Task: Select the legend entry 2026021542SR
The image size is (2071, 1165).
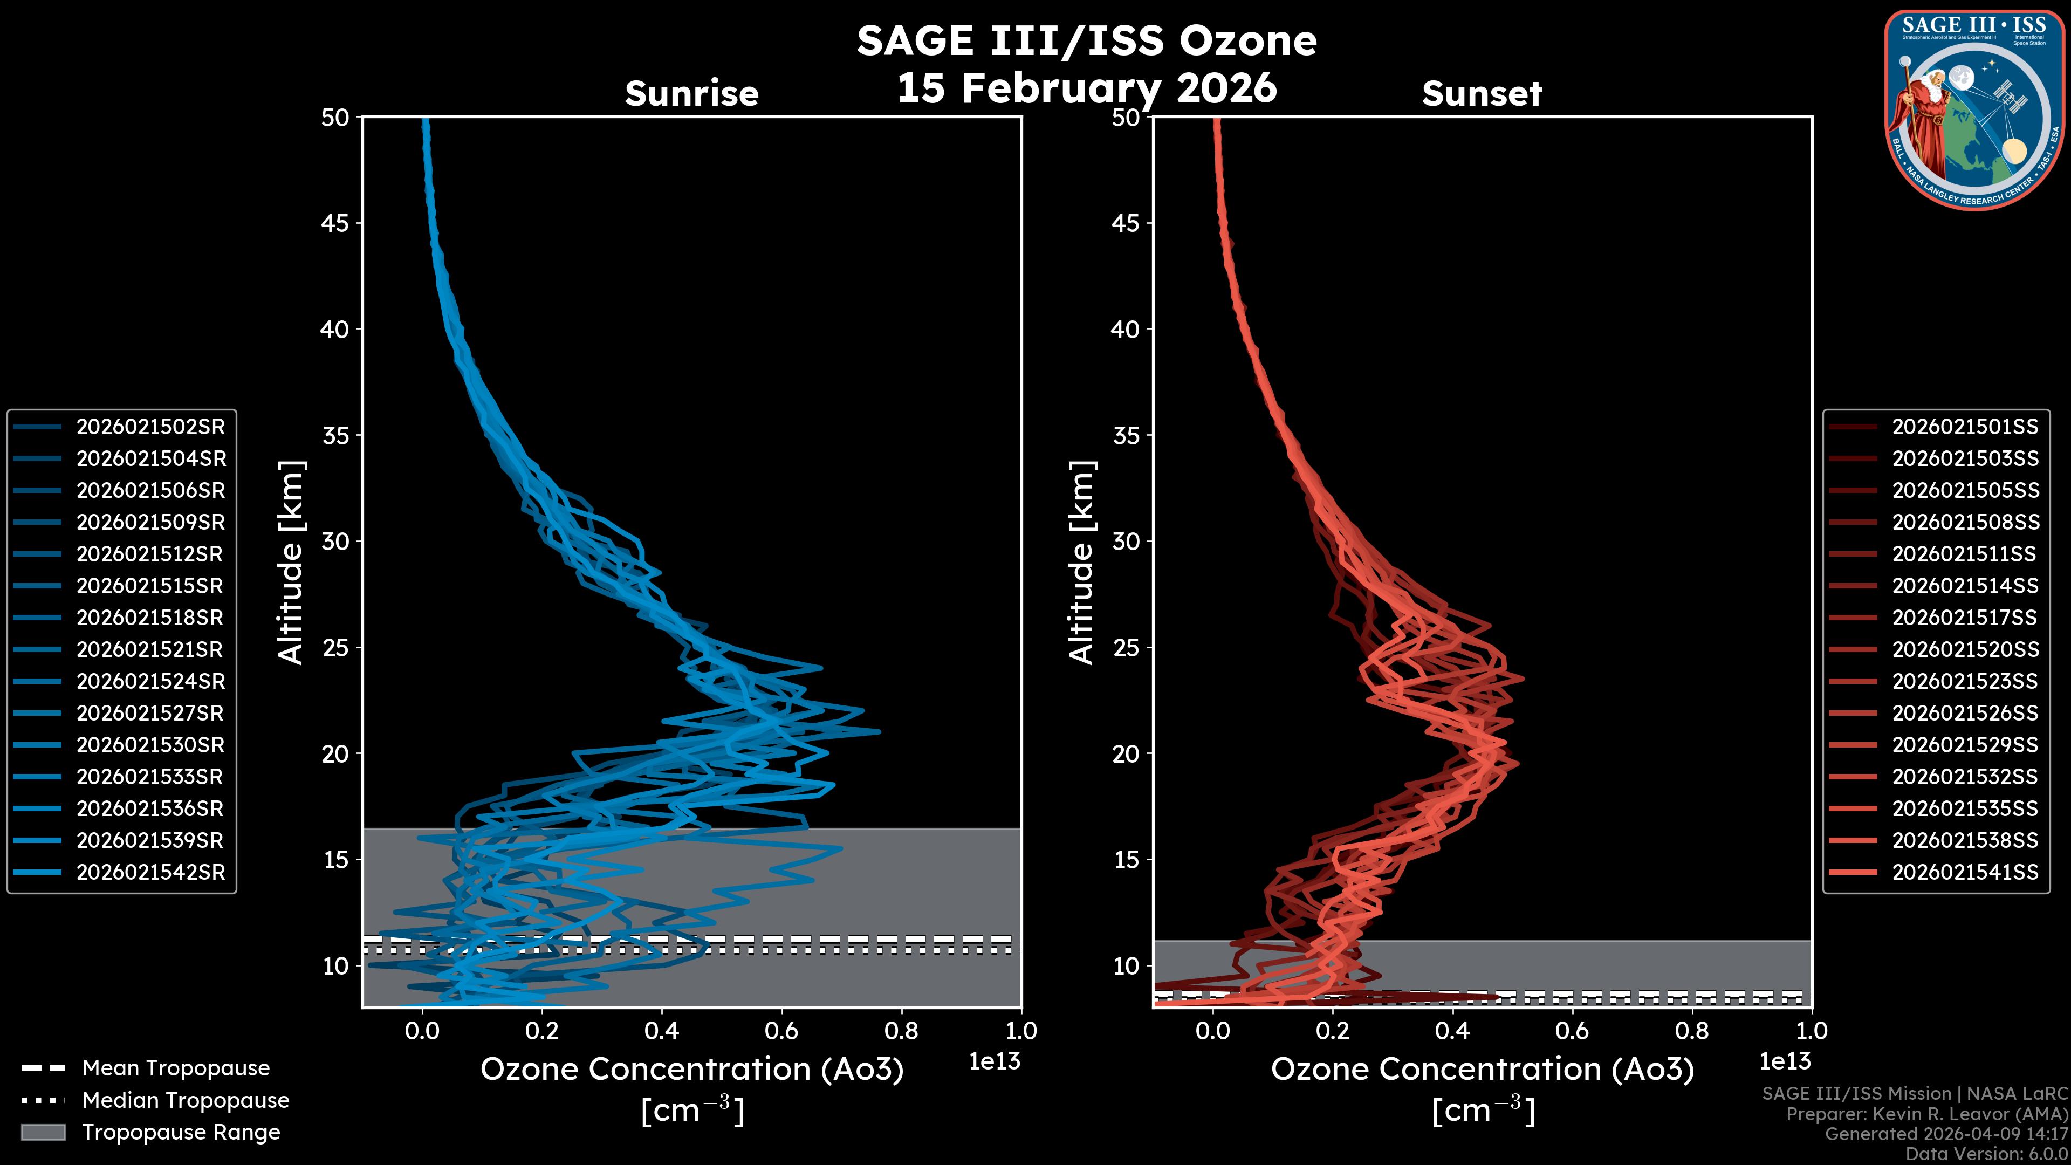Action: (150, 872)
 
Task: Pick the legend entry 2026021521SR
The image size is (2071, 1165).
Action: (150, 649)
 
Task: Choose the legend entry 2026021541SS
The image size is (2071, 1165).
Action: (1965, 872)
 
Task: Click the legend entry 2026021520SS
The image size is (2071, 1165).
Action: (1965, 649)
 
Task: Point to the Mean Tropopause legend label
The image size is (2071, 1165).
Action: (175, 1068)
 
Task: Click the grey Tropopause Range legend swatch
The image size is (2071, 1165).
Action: (43, 1132)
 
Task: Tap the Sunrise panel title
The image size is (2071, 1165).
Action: (691, 94)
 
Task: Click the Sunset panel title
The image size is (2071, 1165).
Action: (1482, 94)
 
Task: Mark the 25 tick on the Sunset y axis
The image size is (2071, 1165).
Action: (1126, 648)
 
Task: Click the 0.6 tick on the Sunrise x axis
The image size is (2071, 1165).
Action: (781, 1031)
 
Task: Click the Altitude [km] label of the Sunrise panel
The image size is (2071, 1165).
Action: (290, 563)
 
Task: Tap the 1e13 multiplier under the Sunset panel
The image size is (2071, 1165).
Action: (1785, 1061)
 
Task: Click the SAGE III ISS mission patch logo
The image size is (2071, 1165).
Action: (1974, 109)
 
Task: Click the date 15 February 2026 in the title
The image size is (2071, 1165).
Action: (1086, 87)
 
